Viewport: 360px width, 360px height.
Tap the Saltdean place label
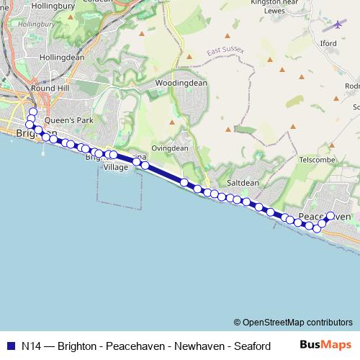pos(243,183)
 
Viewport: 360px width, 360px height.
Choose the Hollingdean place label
pos(62,57)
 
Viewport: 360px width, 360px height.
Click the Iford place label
pos(348,42)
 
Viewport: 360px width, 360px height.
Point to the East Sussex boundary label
pos(225,50)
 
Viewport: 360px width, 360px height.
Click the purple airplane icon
pos(338,25)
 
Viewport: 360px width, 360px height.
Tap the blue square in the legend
pos(10,346)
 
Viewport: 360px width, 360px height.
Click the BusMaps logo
pos(325,345)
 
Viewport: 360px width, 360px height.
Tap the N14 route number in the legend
pos(31,346)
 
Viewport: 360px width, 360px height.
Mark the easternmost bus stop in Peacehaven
pos(330,216)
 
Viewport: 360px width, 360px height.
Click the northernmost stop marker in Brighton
pos(32,112)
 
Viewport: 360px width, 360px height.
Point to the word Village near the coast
pos(115,167)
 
